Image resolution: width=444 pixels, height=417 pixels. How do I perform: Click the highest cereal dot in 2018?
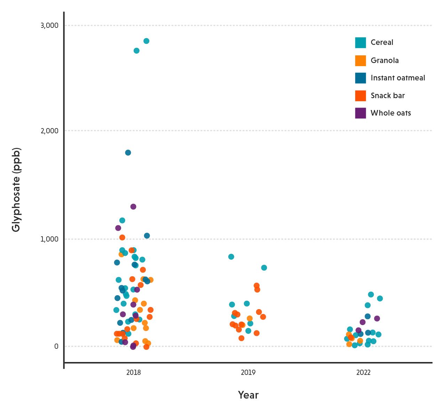click(x=146, y=41)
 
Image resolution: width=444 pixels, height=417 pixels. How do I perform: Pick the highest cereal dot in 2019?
click(x=231, y=257)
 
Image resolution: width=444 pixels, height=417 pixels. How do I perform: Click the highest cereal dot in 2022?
click(x=371, y=294)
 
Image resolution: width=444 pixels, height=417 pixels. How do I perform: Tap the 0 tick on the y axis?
click(x=56, y=346)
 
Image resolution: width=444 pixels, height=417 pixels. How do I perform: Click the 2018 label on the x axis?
click(x=134, y=373)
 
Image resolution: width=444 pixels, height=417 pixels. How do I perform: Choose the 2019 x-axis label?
click(x=248, y=373)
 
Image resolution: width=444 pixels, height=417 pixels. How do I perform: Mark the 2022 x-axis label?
click(x=363, y=373)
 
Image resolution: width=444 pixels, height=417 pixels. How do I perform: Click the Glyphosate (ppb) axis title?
click(x=16, y=190)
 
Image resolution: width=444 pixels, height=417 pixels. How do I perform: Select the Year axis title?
click(x=248, y=395)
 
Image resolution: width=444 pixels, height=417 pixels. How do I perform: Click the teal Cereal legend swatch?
click(x=360, y=42)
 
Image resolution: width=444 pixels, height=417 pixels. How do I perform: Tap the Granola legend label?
click(x=384, y=61)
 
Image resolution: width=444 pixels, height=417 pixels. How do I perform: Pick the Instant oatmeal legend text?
click(x=398, y=78)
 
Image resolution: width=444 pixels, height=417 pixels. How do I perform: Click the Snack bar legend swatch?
click(x=360, y=96)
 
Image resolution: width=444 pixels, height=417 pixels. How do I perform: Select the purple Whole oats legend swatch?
click(x=360, y=113)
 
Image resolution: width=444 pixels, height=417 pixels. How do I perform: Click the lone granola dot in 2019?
click(x=249, y=318)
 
